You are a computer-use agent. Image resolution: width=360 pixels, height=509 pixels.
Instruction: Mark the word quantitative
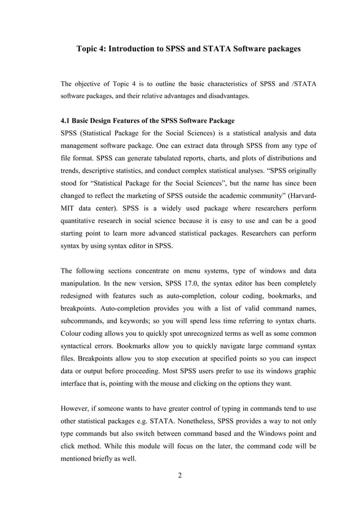81,220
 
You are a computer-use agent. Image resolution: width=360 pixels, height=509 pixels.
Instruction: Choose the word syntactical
78,344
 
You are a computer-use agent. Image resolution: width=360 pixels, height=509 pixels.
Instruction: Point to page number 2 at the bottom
180,475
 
